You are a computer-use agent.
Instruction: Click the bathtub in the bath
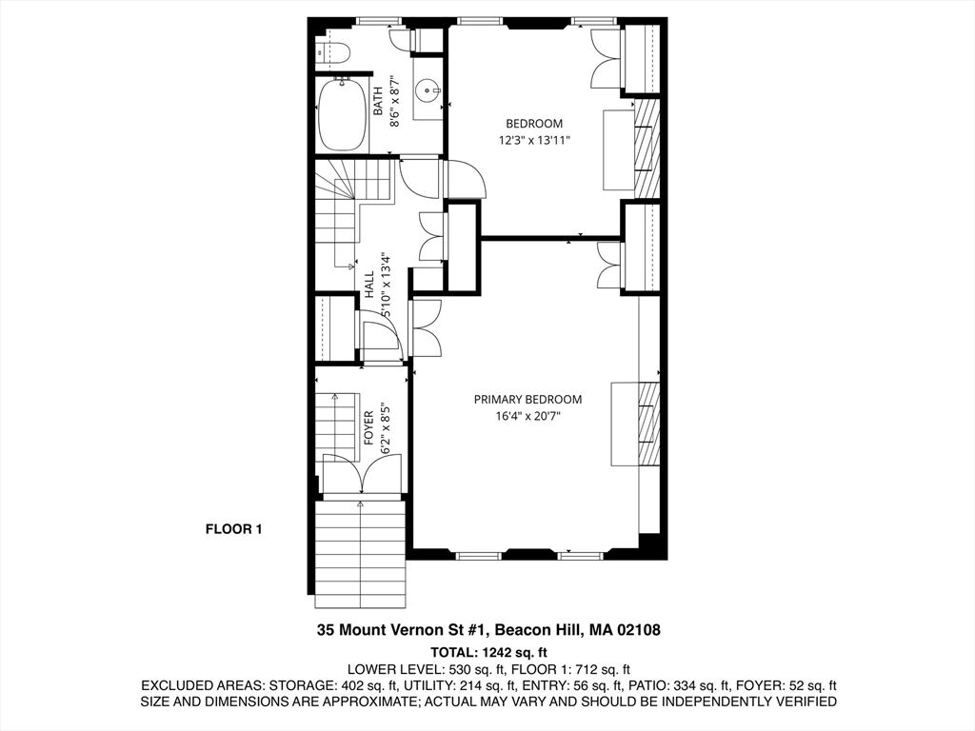coord(342,115)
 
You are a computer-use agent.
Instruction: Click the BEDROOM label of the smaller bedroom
coord(533,124)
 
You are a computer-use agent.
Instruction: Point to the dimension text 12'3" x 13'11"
coord(534,141)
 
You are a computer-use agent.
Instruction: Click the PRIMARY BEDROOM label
coord(527,400)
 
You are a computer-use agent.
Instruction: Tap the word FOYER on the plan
coord(368,427)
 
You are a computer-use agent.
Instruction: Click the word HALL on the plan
coord(369,284)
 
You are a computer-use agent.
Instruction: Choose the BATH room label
coord(378,102)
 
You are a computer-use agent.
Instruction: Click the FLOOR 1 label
coord(234,529)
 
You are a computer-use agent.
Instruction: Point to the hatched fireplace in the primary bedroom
coord(648,424)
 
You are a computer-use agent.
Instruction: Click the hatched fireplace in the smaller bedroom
coord(647,146)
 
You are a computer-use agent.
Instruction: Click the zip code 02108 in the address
coord(639,630)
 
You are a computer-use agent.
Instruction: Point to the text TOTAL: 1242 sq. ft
coord(488,652)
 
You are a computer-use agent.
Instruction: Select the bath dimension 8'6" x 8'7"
coord(394,102)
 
